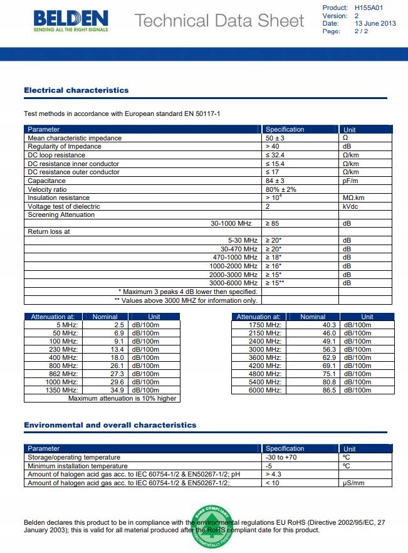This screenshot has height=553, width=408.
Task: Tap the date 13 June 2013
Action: [x=375, y=23]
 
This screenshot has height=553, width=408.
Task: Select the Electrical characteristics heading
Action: [x=76, y=90]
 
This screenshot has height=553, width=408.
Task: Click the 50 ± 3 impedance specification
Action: [x=275, y=138]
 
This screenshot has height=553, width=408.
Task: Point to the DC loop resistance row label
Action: [x=56, y=155]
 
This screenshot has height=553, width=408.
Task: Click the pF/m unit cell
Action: [x=350, y=181]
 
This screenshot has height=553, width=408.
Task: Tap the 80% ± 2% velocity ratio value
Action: [x=281, y=189]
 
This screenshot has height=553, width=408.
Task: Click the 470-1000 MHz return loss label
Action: [x=235, y=257]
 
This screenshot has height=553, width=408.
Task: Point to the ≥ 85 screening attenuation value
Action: [x=273, y=223]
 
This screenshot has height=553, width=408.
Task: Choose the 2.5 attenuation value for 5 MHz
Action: [x=118, y=325]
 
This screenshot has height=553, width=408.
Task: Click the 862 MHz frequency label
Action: [x=65, y=374]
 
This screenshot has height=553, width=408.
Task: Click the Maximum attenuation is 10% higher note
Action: [x=122, y=398]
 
